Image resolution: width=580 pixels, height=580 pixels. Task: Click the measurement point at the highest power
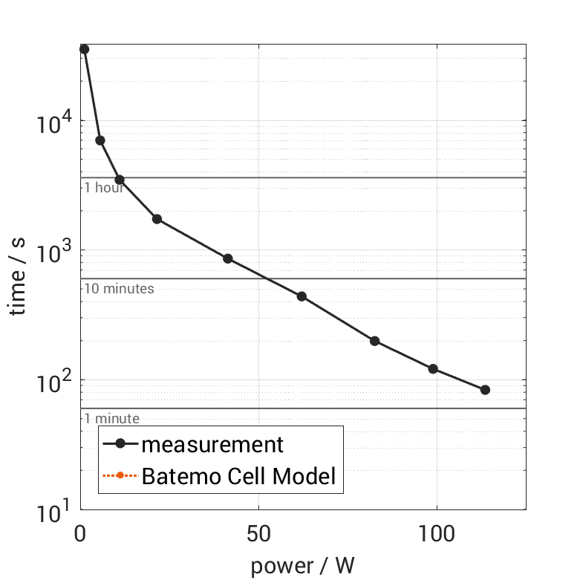pos(485,390)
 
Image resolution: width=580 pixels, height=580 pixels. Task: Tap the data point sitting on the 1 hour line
pos(120,180)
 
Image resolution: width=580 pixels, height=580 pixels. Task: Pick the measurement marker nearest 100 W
pos(433,369)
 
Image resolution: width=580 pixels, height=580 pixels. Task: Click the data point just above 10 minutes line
pos(228,258)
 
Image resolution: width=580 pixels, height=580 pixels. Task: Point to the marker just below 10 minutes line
pos(302,296)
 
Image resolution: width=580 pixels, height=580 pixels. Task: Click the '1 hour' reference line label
pos(103,188)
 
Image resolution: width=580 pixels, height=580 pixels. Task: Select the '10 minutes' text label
pos(119,288)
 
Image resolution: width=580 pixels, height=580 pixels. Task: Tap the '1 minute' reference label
pos(111,419)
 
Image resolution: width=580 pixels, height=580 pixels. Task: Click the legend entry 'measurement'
pos(212,444)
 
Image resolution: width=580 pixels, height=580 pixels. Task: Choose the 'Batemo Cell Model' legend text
pos(238,475)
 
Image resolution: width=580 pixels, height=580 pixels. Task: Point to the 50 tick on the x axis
pos(258,532)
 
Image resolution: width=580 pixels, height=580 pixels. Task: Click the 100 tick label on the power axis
pos(437,532)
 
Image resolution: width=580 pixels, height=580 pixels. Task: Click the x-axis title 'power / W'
pos(302,565)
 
